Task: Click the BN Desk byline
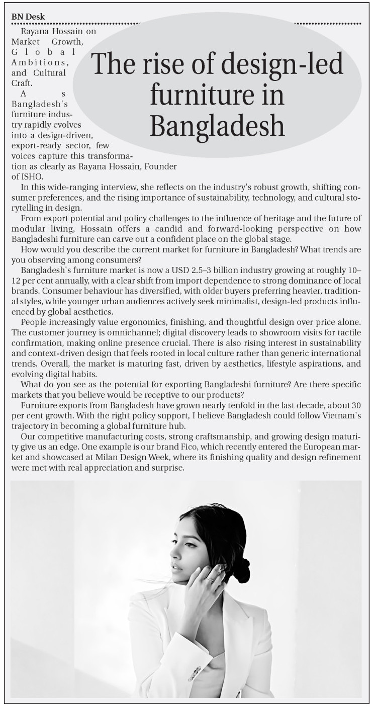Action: point(28,17)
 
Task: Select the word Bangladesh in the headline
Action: point(217,126)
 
